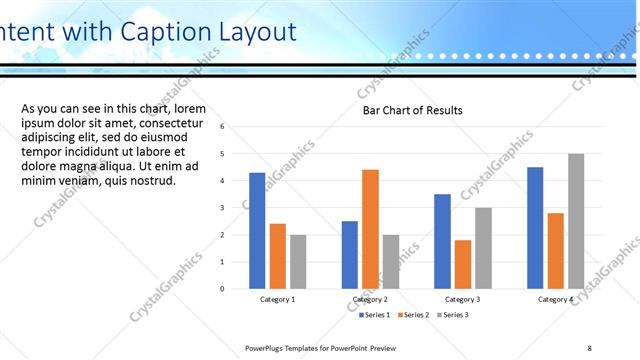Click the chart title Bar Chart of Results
pyautogui.click(x=412, y=110)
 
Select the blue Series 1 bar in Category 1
pyautogui.click(x=257, y=231)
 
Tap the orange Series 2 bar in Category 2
pyautogui.click(x=370, y=229)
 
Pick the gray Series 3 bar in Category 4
pyautogui.click(x=575, y=221)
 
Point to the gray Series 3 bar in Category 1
pyautogui.click(x=298, y=262)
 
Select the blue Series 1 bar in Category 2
pyautogui.click(x=350, y=255)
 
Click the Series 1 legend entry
pyautogui.click(x=375, y=315)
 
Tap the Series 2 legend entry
pyautogui.click(x=413, y=315)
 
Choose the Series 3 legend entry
pyautogui.click(x=451, y=315)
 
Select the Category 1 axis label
pyautogui.click(x=277, y=299)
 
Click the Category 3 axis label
pyautogui.click(x=462, y=299)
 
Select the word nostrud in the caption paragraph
pyautogui.click(x=151, y=181)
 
